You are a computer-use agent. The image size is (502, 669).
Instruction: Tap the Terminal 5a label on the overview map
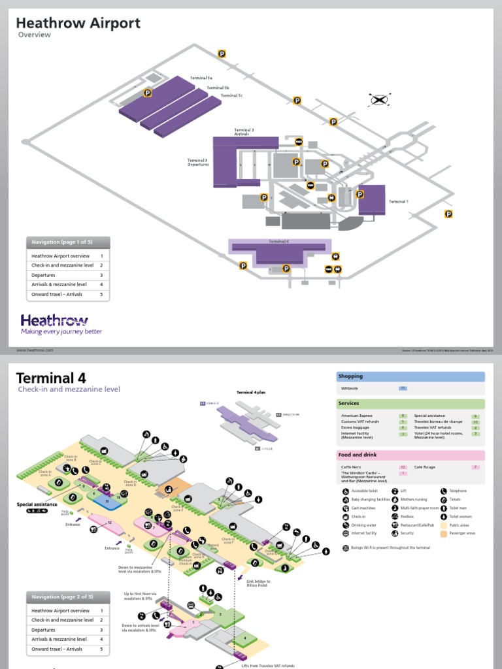201,78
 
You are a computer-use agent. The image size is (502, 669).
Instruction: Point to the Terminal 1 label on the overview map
398,202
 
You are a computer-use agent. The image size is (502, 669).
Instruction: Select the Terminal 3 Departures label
197,162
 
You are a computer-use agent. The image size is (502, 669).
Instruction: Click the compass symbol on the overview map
379,100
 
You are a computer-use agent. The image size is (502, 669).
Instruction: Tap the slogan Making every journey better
61,332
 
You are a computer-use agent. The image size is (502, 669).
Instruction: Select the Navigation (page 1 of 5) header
68,242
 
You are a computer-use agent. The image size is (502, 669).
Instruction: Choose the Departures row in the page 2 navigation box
44,630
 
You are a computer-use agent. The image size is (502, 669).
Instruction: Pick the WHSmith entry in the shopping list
350,389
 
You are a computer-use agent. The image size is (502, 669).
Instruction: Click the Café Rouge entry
425,467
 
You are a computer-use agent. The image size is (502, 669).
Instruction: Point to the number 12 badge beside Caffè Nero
403,467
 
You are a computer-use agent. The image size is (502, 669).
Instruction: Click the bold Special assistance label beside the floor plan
37,504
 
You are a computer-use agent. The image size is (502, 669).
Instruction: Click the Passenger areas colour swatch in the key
443,533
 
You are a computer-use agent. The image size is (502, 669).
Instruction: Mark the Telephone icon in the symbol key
443,491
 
